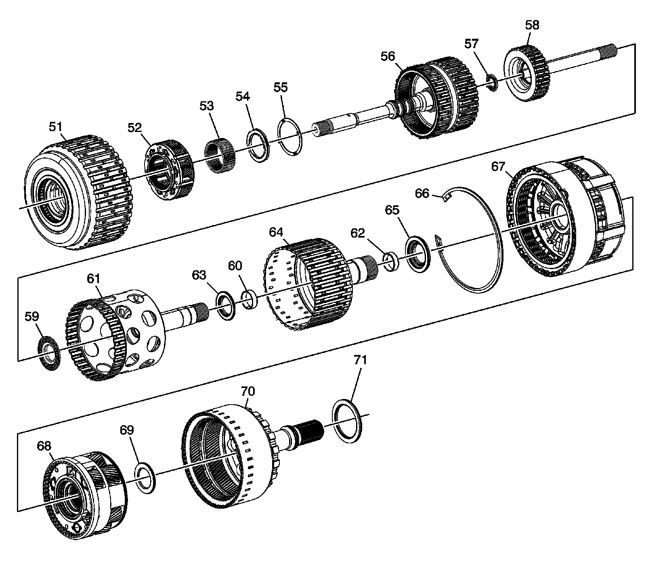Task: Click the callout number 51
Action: tap(56, 127)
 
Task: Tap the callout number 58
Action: tap(532, 25)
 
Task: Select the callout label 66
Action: tap(422, 194)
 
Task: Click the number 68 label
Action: tap(44, 446)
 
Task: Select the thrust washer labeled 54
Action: tap(259, 145)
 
